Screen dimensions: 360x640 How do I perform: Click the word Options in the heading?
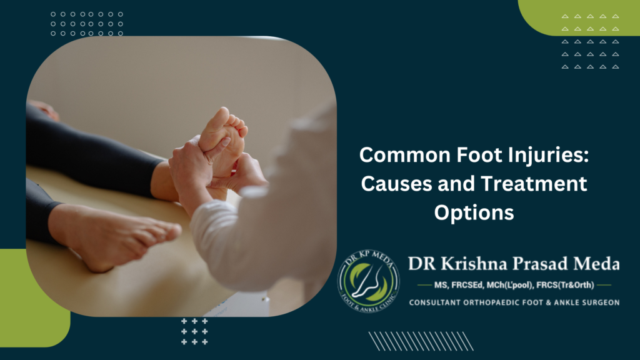[474, 212]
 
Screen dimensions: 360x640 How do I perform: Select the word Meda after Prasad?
[594, 264]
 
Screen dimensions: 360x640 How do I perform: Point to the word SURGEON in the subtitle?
[597, 302]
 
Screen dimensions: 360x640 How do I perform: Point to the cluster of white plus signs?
[194, 331]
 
